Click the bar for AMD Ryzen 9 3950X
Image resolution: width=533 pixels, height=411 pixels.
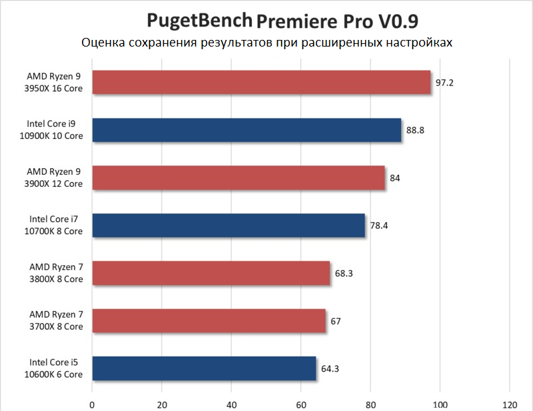pyautogui.click(x=261, y=82)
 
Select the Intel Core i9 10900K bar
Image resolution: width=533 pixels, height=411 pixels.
pyautogui.click(x=247, y=130)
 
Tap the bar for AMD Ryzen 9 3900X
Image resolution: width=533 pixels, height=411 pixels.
pyautogui.click(x=239, y=178)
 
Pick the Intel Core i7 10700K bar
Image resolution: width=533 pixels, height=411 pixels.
pyautogui.click(x=229, y=225)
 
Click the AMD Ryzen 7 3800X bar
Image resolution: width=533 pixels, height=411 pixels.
pyautogui.click(x=211, y=273)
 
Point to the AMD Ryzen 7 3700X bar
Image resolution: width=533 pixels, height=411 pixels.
pyautogui.click(x=209, y=321)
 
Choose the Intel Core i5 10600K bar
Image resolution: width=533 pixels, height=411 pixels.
pyautogui.click(x=204, y=368)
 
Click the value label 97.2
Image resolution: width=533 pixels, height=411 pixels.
pyautogui.click(x=444, y=82)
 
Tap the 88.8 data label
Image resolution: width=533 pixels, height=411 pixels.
pyautogui.click(x=415, y=130)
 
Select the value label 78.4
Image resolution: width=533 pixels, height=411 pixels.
pyautogui.click(x=379, y=225)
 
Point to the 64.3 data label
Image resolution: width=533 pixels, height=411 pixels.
pyautogui.click(x=330, y=368)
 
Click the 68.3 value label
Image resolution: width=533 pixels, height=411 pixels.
pyautogui.click(x=344, y=273)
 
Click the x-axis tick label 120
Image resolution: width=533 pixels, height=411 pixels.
pyautogui.click(x=510, y=404)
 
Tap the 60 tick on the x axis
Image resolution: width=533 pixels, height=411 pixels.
pyautogui.click(x=300, y=404)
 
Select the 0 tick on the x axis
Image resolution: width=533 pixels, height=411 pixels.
pyautogui.click(x=92, y=404)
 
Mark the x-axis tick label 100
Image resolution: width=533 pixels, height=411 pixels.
pyautogui.click(x=440, y=404)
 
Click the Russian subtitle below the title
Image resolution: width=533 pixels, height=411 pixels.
pyautogui.click(x=266, y=43)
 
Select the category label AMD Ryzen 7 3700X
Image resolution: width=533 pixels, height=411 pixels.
pyautogui.click(x=56, y=321)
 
